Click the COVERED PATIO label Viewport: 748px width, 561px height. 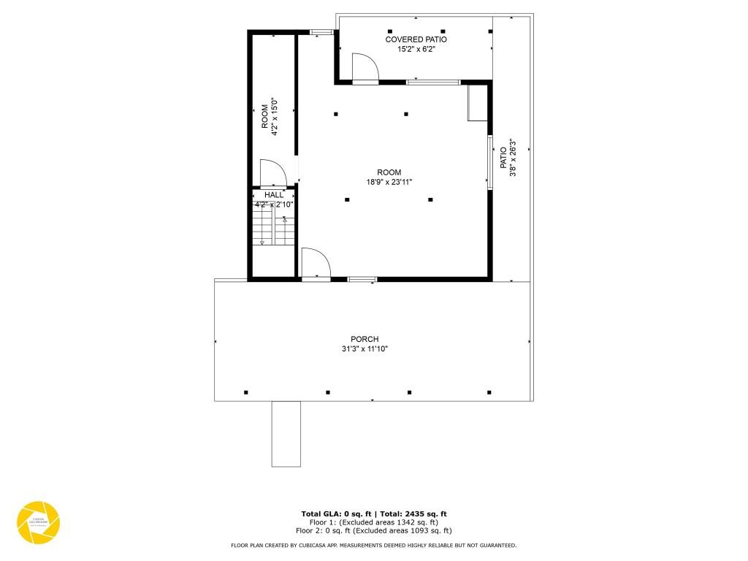[416, 39]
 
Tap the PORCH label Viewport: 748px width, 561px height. [365, 339]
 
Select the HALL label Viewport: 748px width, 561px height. [274, 195]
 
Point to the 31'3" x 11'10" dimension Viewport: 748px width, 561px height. [365, 349]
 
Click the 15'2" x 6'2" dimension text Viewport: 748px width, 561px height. [416, 50]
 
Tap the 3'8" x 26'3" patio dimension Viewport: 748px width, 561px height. [513, 158]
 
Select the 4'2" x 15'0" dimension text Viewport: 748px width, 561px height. [275, 117]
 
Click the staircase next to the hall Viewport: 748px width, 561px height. [274, 226]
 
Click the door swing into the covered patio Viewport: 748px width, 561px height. [365, 67]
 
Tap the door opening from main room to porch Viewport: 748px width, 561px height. [316, 263]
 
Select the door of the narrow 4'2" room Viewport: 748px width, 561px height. [273, 174]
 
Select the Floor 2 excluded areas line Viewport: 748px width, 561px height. [373, 530]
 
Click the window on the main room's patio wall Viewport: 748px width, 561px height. [489, 162]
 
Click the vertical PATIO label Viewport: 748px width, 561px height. [503, 158]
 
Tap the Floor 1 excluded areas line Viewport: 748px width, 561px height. [373, 522]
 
